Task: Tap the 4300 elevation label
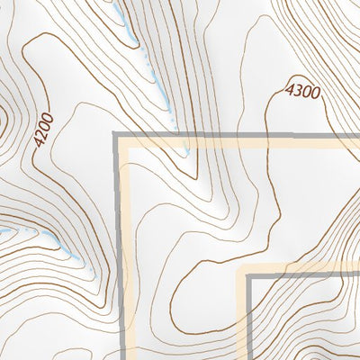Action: click(x=302, y=89)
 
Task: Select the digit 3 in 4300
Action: click(x=296, y=88)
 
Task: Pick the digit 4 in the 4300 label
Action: click(x=289, y=87)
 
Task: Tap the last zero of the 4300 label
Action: click(x=315, y=92)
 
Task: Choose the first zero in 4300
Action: click(x=306, y=90)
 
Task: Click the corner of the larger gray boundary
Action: click(x=116, y=135)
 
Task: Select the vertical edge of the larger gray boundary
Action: click(x=116, y=252)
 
